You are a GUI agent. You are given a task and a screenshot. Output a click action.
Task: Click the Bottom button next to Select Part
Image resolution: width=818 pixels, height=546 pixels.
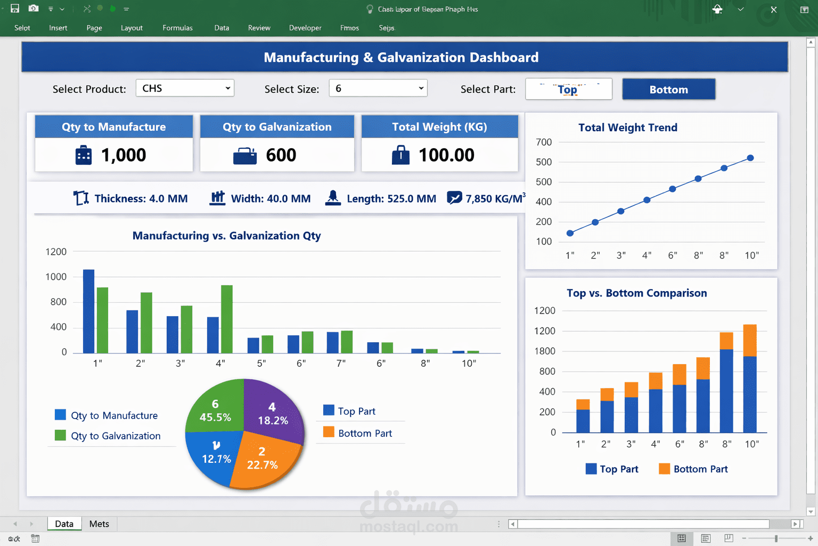(x=668, y=90)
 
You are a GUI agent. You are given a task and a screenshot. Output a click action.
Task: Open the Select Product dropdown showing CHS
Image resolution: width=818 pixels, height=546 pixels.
(x=185, y=89)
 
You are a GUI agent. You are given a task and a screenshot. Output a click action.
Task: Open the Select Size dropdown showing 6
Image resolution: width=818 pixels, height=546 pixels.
(x=378, y=89)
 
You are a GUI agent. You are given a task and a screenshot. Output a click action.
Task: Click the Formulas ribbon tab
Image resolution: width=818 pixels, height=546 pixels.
(x=177, y=28)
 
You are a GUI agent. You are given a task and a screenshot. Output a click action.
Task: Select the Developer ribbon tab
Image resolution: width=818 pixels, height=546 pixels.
(x=305, y=28)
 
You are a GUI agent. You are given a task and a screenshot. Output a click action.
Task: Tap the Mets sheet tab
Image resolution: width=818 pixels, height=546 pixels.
(x=99, y=524)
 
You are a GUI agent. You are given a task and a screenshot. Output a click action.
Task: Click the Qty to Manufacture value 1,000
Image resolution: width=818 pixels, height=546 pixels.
(x=124, y=155)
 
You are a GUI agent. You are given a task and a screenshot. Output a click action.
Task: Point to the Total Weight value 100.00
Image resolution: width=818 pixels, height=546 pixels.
(x=446, y=155)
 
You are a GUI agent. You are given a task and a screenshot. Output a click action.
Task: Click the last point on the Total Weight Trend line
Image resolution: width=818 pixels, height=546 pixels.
(x=750, y=158)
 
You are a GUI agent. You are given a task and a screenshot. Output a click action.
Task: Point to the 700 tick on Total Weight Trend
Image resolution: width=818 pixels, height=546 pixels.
(x=544, y=142)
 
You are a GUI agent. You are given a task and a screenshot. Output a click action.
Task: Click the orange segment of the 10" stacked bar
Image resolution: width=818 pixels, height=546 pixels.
(x=750, y=340)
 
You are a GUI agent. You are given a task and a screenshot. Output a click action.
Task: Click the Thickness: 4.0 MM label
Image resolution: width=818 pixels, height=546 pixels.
(x=141, y=199)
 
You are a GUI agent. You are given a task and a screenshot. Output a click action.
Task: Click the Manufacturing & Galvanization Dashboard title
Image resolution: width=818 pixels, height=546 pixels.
(x=401, y=58)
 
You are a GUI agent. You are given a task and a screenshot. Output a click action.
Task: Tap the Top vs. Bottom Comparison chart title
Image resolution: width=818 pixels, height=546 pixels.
(x=636, y=293)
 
